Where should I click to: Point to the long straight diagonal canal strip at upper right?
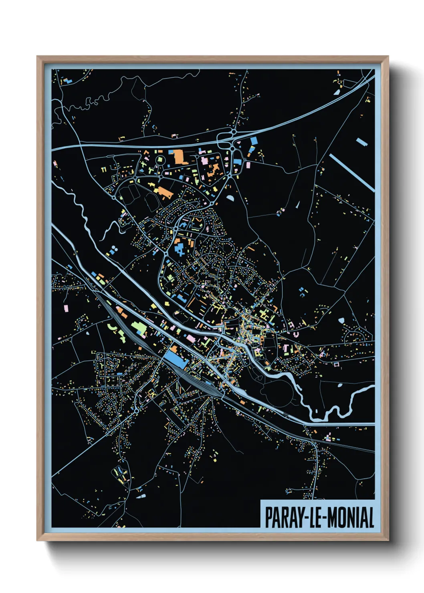pyautogui.click(x=352, y=172)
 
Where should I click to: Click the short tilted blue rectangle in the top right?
pyautogui.click(x=361, y=141)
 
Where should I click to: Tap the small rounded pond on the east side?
pyautogui.click(x=341, y=321)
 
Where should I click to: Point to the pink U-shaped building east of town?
pyautogui.click(x=296, y=333)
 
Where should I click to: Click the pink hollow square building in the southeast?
pyautogui.click(x=336, y=364)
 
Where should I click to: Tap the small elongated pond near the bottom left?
pyautogui.click(x=141, y=496)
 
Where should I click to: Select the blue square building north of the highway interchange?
pyautogui.click(x=254, y=140)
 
